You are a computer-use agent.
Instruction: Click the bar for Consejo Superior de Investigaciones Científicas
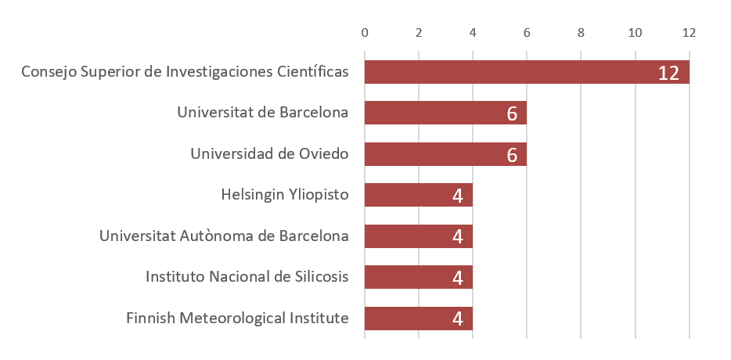pyautogui.click(x=509, y=72)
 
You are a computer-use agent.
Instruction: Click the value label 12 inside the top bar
pyautogui.click(x=668, y=73)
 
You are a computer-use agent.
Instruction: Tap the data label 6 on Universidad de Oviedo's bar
pyautogui.click(x=512, y=155)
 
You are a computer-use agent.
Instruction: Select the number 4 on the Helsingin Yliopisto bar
pyautogui.click(x=458, y=196)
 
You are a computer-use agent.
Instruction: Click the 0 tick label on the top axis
pyautogui.click(x=365, y=33)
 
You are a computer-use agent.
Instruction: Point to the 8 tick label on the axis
pyautogui.click(x=581, y=33)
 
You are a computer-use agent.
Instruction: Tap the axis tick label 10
pyautogui.click(x=635, y=33)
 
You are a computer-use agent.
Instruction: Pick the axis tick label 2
pyautogui.click(x=419, y=33)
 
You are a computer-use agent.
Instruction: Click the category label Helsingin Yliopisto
pyautogui.click(x=285, y=195)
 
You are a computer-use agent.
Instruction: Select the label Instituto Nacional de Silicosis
pyautogui.click(x=247, y=277)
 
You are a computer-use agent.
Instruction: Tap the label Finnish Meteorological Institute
pyautogui.click(x=237, y=319)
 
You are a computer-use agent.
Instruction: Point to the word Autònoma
pyautogui.click(x=229, y=236)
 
